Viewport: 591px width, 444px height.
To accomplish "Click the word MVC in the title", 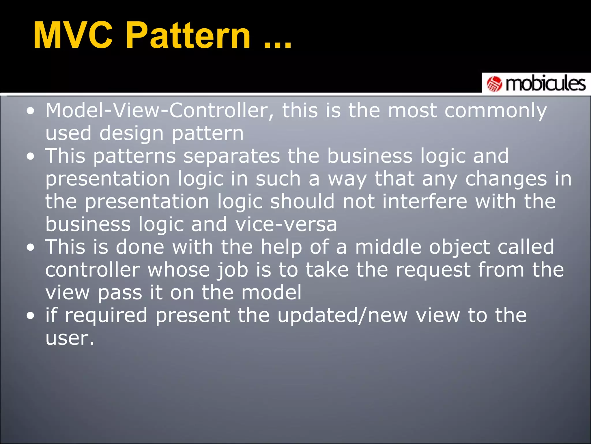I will (73, 36).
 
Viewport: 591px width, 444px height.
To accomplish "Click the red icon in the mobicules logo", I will (494, 84).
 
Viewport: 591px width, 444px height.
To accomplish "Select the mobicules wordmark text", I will (545, 84).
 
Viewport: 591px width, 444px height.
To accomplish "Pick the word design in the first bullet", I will (132, 134).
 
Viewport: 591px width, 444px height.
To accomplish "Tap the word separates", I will (231, 156).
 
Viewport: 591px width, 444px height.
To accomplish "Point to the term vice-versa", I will (286, 225).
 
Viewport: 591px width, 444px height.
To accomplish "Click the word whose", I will (179, 270).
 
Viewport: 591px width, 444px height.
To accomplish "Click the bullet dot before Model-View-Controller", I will (30, 111).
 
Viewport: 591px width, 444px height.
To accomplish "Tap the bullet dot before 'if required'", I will (30, 316).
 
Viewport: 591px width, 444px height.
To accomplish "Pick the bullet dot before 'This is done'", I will (30, 247).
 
